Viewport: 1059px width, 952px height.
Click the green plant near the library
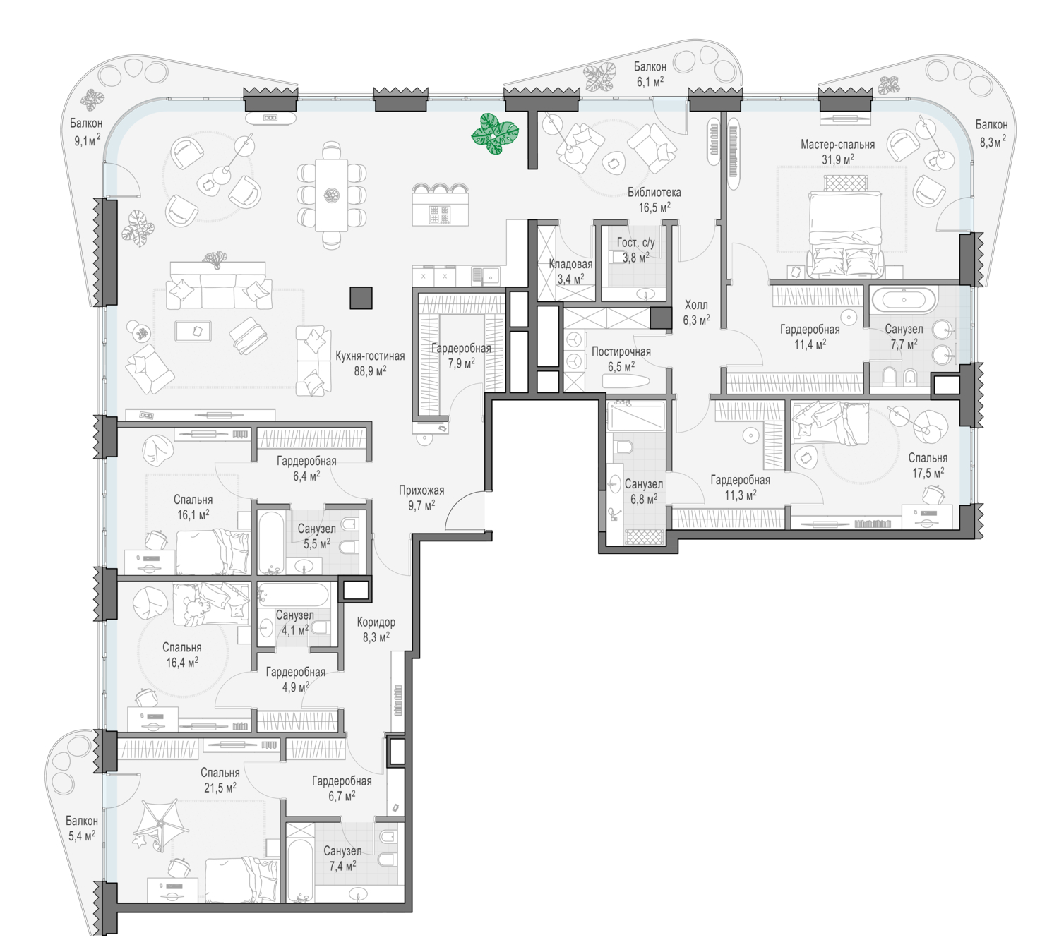click(495, 134)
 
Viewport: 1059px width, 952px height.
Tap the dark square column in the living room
click(361, 298)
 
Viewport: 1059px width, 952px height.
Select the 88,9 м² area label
click(370, 370)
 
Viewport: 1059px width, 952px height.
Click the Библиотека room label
click(654, 192)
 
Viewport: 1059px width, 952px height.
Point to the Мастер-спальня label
click(837, 144)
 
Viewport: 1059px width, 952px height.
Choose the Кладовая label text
click(570, 264)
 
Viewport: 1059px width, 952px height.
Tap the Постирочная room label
click(621, 351)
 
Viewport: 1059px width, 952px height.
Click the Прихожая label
click(421, 490)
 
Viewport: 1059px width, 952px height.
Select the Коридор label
click(376, 622)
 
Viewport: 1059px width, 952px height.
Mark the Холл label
click(696, 305)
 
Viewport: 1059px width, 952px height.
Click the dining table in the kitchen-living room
click(332, 195)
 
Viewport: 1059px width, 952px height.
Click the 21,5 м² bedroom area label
click(220, 788)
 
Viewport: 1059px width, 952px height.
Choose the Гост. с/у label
click(636, 242)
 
